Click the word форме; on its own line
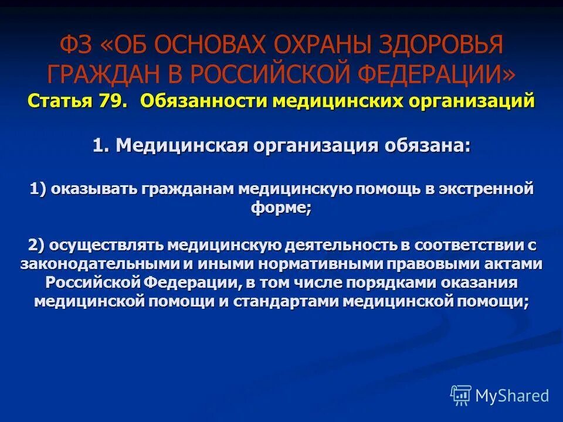point(281,209)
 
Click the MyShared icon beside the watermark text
point(461,395)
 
